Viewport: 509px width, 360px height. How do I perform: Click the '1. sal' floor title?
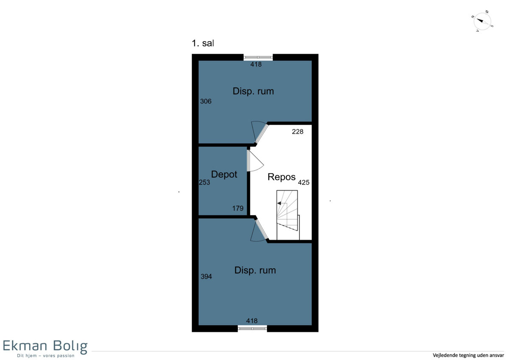pos(203,43)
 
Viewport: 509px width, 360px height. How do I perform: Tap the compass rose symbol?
pos(482,22)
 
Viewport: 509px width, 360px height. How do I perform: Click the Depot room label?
pos(224,174)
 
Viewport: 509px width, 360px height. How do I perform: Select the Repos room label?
pos(281,177)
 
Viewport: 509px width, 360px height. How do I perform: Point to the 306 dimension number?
pos(206,101)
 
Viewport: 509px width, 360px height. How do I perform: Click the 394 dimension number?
pos(206,276)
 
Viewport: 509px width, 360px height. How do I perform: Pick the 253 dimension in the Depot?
pos(204,183)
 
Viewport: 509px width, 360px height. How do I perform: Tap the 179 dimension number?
pos(238,208)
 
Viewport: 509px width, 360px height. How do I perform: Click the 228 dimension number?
pos(297,132)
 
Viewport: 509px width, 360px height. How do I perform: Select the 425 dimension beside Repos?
pos(304,183)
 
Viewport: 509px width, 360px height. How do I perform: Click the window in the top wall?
pos(258,57)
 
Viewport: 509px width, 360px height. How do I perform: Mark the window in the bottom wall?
pos(252,328)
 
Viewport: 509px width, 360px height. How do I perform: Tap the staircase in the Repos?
pos(288,215)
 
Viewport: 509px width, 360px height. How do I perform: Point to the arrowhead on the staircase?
pos(279,203)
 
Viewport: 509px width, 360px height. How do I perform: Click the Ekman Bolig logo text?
pos(45,346)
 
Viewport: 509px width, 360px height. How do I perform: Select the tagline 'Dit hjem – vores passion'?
pos(46,356)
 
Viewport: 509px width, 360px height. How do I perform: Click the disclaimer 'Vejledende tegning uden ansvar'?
pos(468,355)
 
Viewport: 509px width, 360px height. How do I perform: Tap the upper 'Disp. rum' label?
pos(253,91)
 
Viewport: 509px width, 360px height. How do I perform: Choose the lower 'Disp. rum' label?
pos(255,270)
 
